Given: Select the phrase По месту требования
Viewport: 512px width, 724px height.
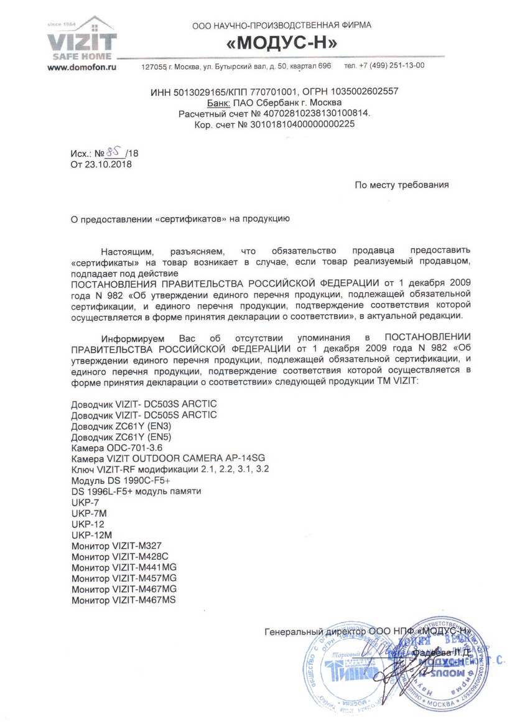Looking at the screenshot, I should pos(401,185).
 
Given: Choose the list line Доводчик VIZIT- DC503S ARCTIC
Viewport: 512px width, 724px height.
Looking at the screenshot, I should pos(144,404).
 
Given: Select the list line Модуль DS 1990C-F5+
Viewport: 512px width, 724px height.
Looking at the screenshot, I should pos(121,480).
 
